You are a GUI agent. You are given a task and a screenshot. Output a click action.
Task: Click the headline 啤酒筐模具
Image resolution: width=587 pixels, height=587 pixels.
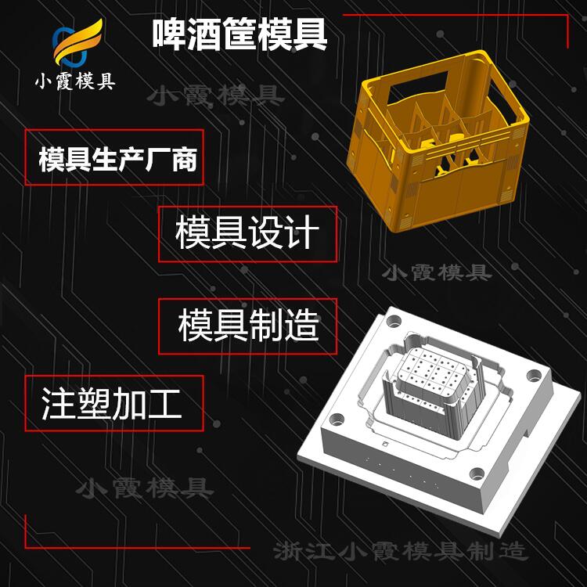tap(239, 34)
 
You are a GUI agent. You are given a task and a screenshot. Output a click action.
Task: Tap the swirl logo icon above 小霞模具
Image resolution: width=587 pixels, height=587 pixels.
tap(77, 43)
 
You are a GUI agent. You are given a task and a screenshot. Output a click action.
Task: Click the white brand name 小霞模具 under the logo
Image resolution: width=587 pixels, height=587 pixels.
tap(75, 81)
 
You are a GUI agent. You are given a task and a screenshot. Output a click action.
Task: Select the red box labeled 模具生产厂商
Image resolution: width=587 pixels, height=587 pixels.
tap(114, 157)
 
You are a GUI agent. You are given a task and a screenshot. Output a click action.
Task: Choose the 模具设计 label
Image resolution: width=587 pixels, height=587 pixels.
tap(247, 233)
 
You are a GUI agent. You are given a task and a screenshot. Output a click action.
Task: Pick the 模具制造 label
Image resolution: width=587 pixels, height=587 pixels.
tap(249, 326)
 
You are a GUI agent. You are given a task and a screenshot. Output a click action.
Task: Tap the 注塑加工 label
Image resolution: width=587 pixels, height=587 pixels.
tap(111, 403)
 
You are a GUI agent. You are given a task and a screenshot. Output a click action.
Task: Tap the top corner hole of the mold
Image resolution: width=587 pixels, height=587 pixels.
tap(394, 321)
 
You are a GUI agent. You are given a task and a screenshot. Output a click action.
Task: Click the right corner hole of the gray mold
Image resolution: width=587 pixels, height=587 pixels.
tap(535, 375)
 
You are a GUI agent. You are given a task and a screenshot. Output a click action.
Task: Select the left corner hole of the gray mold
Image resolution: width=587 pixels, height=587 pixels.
tap(337, 419)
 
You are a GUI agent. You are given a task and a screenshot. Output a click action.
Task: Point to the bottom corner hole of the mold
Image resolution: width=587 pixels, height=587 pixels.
tap(477, 474)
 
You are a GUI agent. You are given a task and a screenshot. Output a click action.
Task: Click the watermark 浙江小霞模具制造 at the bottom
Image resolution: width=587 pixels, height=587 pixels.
tap(401, 552)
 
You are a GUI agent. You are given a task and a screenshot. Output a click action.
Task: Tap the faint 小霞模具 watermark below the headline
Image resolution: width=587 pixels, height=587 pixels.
tap(216, 95)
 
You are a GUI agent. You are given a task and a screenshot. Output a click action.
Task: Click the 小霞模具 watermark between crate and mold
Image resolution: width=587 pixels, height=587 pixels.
tap(438, 272)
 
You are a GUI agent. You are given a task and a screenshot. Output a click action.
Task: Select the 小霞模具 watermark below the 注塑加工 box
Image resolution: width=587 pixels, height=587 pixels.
tap(145, 488)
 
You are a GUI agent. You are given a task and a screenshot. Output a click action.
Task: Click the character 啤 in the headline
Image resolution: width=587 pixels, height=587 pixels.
tap(168, 34)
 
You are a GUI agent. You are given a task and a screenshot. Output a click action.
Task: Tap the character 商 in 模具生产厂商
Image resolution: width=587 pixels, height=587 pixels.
tap(185, 159)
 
